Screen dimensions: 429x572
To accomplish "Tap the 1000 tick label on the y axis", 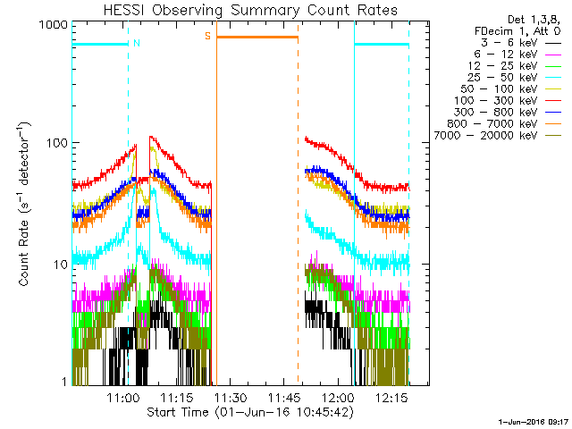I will click(55, 26).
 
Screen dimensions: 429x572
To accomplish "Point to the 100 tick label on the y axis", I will click(58, 143).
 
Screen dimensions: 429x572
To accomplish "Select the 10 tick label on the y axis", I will click(62, 265).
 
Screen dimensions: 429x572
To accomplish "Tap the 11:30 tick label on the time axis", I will click(231, 397).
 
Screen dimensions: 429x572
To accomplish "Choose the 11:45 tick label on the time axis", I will click(285, 397).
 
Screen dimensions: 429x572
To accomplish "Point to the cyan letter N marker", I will click(136, 42).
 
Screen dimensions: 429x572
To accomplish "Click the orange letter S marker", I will click(207, 36).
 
